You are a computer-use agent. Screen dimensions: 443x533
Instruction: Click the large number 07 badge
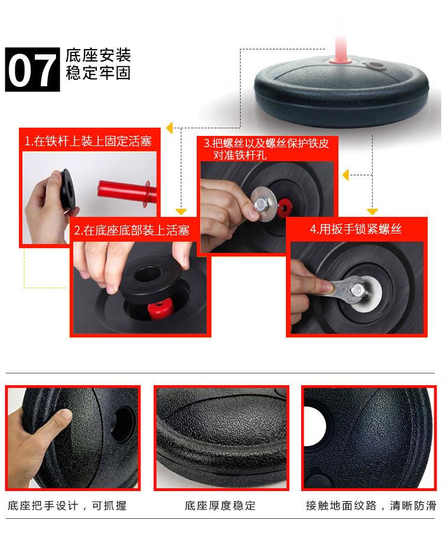(x=32, y=69)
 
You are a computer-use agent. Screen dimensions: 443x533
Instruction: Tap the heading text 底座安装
(x=98, y=55)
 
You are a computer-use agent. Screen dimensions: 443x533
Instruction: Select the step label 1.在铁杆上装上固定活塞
(x=88, y=141)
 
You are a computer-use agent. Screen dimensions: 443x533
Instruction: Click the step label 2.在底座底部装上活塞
(x=132, y=230)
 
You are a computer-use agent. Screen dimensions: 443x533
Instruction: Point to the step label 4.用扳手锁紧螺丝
(x=356, y=229)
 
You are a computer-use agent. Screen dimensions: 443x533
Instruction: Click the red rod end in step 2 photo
(x=159, y=308)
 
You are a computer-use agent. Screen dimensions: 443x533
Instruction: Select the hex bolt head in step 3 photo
(x=260, y=204)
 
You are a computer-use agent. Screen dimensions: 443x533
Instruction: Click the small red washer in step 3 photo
(x=284, y=207)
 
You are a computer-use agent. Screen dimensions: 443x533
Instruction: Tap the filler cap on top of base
(x=374, y=65)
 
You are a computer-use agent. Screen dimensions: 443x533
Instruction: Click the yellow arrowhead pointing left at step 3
(x=346, y=175)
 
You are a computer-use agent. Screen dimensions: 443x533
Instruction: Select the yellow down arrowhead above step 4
(x=372, y=212)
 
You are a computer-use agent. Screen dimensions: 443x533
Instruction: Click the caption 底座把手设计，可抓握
(x=67, y=506)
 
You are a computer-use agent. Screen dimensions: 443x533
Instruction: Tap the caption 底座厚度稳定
(x=220, y=506)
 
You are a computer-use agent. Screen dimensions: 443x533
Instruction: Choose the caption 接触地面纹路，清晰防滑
(x=370, y=506)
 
